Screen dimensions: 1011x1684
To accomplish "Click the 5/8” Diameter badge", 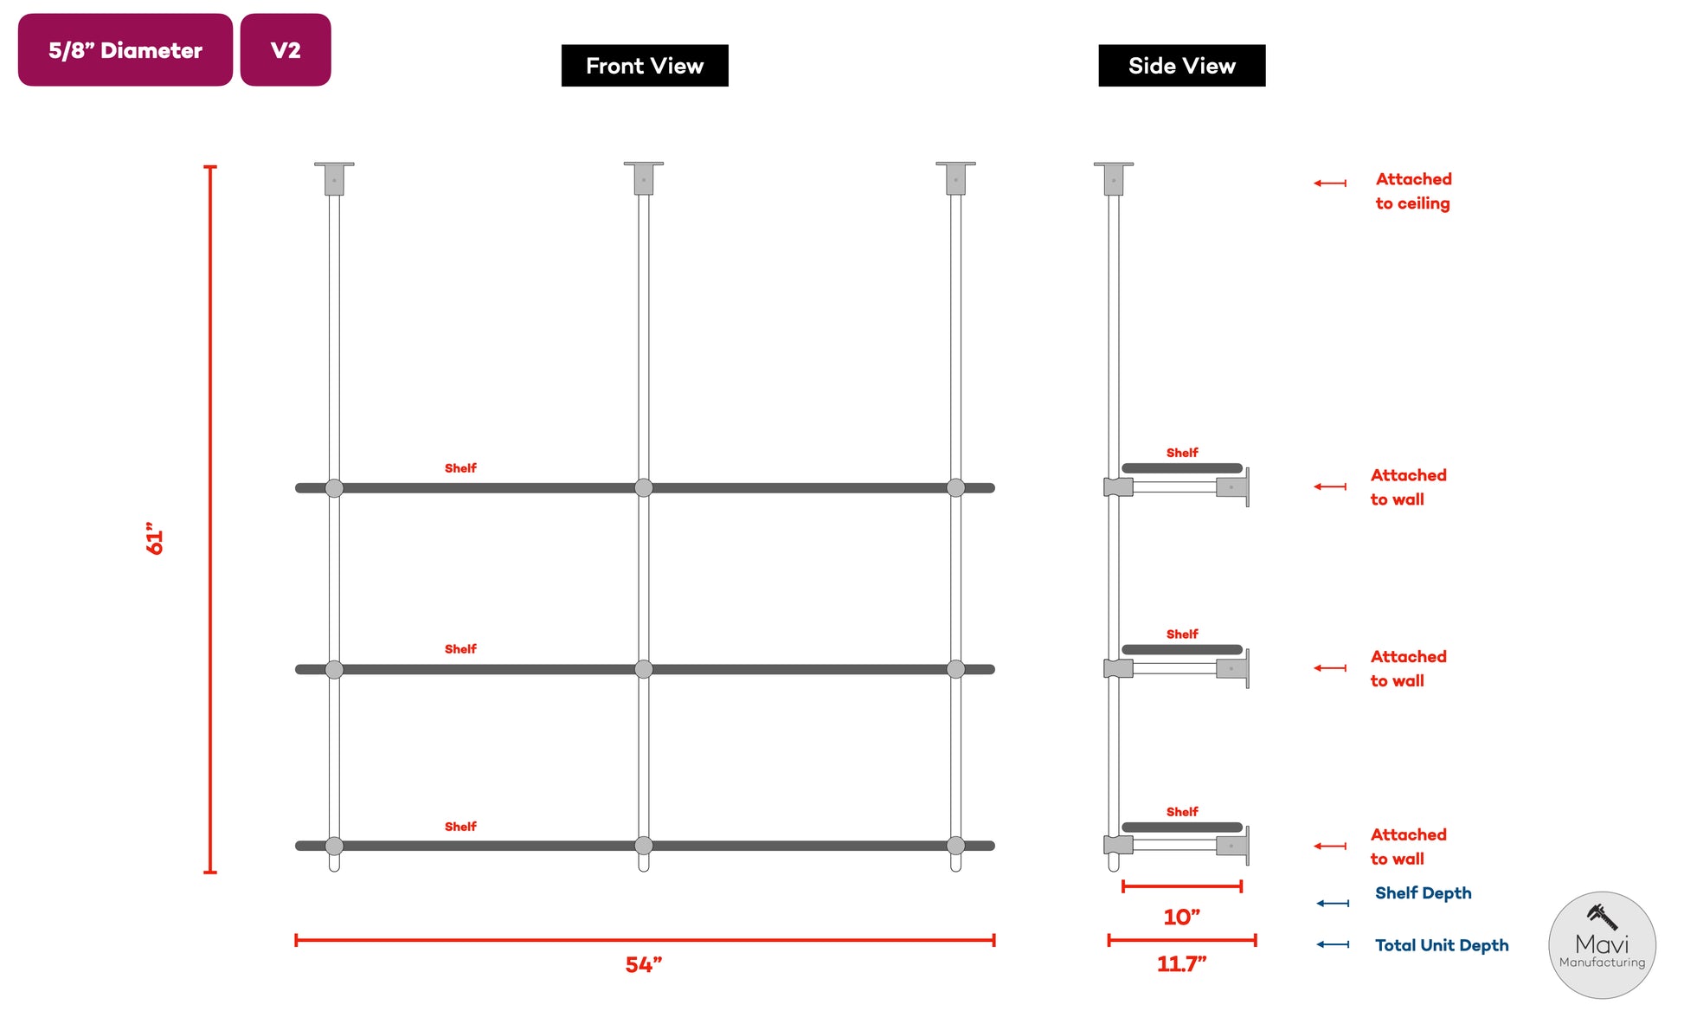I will tap(125, 50).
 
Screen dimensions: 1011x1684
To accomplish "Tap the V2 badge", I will tap(286, 50).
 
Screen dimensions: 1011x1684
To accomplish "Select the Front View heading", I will tap(645, 66).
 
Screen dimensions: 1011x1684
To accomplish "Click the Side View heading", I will tap(1181, 66).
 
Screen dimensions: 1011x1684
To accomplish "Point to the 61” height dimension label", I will tap(155, 538).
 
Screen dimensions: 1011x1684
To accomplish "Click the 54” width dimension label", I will tap(644, 964).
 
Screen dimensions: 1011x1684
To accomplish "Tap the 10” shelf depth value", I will tap(1181, 917).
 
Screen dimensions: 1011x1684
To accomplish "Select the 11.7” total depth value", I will tap(1181, 963).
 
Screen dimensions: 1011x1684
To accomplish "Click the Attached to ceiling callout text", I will tap(1413, 191).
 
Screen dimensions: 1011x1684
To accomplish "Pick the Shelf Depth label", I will tap(1423, 893).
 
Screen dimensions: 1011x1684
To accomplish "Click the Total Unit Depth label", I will tap(1442, 945).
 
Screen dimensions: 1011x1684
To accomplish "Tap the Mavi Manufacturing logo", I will tap(1602, 945).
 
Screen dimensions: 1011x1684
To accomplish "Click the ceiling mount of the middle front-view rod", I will tap(644, 177).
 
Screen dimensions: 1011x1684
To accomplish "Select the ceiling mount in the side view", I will tap(1114, 178).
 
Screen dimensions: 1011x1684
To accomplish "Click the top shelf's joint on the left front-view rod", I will tap(334, 488).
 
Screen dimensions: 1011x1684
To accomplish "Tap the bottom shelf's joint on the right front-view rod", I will tap(955, 846).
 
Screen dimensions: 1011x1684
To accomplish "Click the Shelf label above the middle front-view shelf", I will tap(460, 649).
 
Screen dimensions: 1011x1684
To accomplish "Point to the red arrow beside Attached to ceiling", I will tap(1330, 183).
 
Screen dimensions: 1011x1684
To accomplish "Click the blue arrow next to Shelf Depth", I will tap(1333, 904).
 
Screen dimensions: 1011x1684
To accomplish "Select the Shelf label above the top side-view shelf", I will tap(1182, 453).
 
